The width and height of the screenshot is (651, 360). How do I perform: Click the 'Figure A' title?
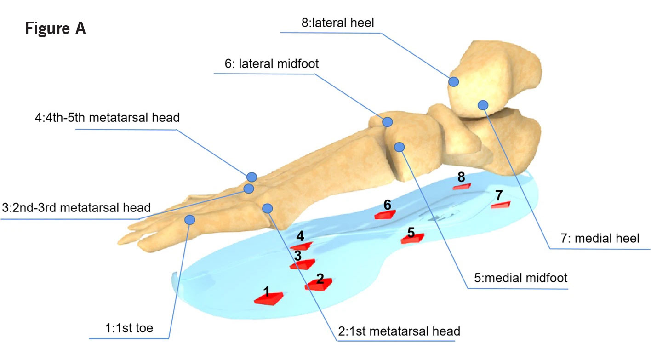[55, 29]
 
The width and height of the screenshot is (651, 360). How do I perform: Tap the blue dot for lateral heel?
[454, 82]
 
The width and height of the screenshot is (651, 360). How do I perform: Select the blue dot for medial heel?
[483, 105]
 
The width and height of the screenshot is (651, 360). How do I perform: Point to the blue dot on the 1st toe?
[189, 220]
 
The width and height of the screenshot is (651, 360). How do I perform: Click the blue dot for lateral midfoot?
[388, 122]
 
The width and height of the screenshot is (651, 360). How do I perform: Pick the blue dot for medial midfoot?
[400, 147]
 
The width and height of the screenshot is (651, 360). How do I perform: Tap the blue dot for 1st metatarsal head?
[267, 208]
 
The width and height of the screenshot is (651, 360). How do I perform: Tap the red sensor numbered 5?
[412, 238]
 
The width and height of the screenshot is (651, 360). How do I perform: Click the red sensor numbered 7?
[500, 205]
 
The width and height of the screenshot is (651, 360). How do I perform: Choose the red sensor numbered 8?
[462, 186]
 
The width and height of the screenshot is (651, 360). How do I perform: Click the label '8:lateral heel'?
[338, 23]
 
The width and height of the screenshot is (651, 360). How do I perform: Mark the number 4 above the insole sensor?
[300, 236]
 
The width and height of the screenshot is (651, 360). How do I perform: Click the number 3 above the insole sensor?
[298, 255]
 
